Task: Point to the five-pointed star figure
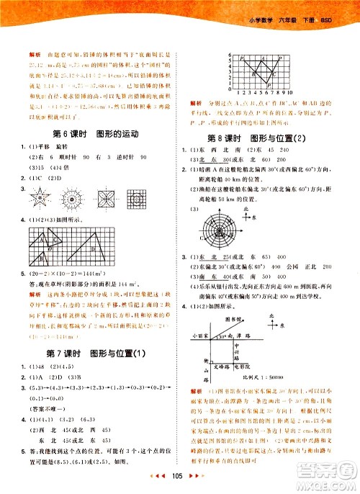(x=42, y=197)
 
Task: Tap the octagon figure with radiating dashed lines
(x=73, y=197)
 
